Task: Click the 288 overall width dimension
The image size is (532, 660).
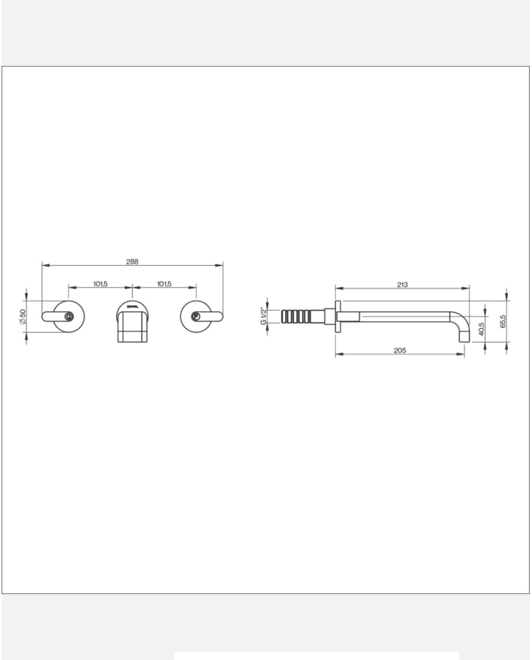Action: coord(132,261)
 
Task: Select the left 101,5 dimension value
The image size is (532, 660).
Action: coord(100,283)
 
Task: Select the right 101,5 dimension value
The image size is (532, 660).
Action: coord(164,283)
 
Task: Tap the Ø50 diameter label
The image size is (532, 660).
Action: coord(24,317)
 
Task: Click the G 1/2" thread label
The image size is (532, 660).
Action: coord(264,316)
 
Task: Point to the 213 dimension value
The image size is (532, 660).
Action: coord(402,285)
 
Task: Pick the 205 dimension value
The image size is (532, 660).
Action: coord(401,350)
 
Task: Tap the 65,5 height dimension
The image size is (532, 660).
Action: coord(503,321)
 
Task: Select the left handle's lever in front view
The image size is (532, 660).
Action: coord(54,315)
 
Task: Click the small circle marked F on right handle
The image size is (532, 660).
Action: coord(196,317)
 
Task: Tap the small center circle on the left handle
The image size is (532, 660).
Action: coord(69,317)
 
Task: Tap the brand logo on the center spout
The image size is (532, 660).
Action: coord(132,307)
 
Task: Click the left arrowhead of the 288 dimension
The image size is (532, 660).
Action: coord(44,265)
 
